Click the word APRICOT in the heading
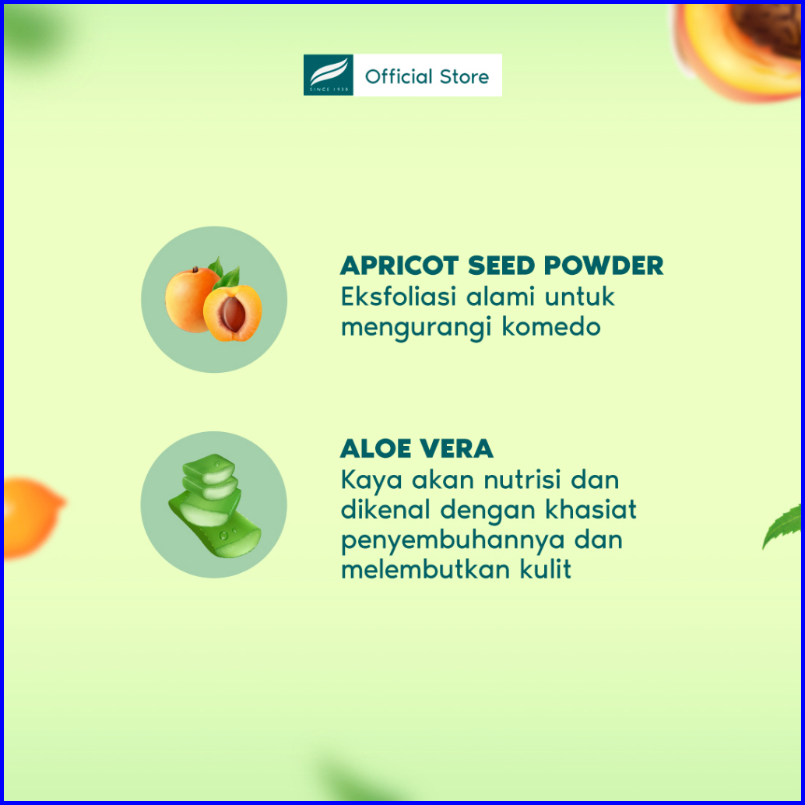click(x=399, y=265)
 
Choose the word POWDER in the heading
click(x=604, y=265)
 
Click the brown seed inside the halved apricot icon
click(x=233, y=314)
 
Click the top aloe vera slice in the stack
click(x=209, y=469)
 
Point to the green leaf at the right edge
click(x=782, y=526)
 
